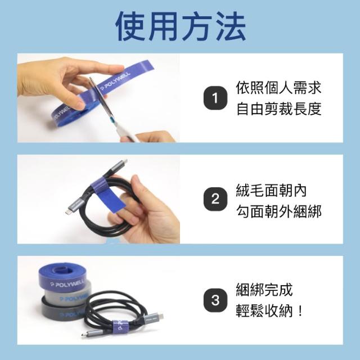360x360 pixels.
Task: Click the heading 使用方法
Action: point(181,26)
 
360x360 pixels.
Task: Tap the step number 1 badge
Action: point(215,98)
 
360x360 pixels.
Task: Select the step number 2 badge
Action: point(215,199)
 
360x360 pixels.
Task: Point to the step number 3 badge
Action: point(215,300)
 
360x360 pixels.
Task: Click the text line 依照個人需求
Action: point(278,88)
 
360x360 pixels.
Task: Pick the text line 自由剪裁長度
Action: point(279,109)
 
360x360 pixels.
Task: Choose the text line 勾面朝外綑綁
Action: point(279,211)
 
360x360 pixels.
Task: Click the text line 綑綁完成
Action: point(264,290)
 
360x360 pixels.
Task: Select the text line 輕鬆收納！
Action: point(269,311)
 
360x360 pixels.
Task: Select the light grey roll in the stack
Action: point(66,294)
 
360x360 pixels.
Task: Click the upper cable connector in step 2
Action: point(119,167)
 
